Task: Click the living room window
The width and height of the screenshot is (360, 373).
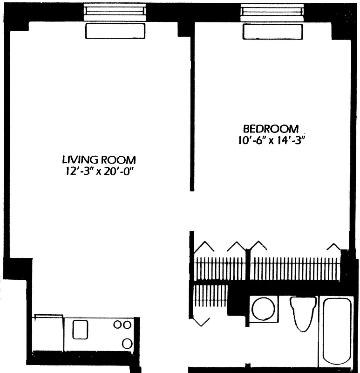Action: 115,11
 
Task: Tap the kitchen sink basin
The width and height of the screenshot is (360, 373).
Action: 80,330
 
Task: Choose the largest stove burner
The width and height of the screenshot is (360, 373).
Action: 127,344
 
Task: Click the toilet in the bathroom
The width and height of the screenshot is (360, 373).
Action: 303,312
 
